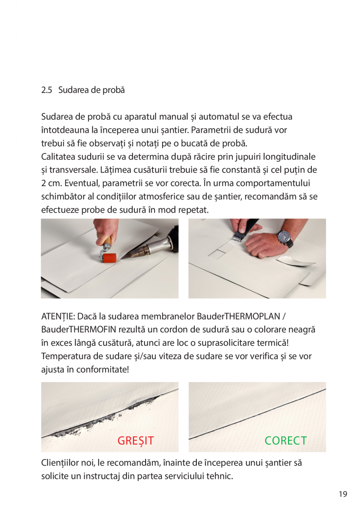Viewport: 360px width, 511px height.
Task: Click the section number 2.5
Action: tap(47, 90)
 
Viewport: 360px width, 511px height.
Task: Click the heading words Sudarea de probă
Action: tap(92, 90)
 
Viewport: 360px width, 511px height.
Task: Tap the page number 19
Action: tap(343, 494)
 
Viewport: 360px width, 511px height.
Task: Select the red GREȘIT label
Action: tap(136, 441)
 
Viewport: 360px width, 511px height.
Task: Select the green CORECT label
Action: tap(286, 441)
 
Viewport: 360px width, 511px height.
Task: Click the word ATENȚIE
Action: tap(58, 316)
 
